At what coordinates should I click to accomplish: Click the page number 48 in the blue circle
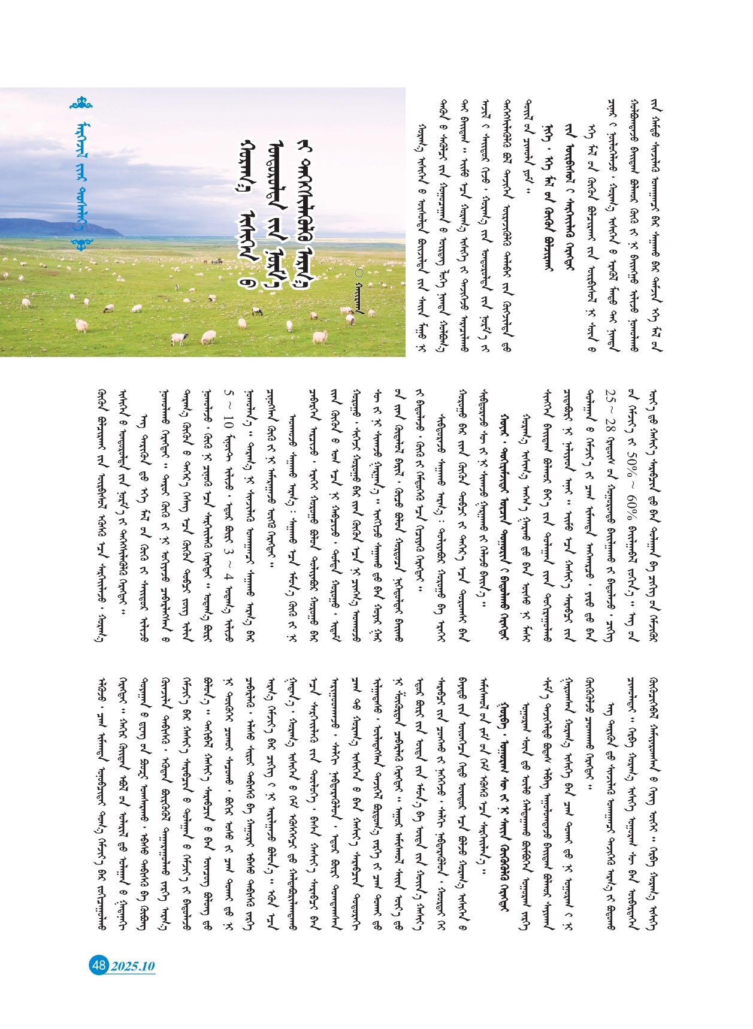[99, 965]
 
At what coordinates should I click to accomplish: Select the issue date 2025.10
[132, 966]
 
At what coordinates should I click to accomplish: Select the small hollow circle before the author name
[358, 273]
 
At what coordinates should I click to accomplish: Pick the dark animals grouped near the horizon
[213, 261]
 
